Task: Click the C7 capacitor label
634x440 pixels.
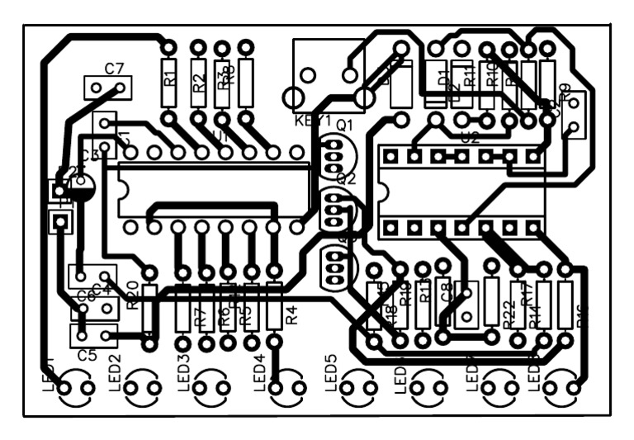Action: click(x=115, y=68)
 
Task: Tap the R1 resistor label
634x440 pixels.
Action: click(x=169, y=80)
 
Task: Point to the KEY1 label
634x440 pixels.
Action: click(x=312, y=121)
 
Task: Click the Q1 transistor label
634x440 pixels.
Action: click(x=344, y=125)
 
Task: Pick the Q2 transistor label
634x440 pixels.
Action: click(x=346, y=178)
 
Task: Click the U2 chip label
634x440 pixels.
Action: click(x=470, y=138)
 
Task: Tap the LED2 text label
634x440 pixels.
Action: click(x=116, y=372)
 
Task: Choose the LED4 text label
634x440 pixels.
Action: click(x=260, y=372)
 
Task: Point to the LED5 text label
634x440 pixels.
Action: click(x=331, y=372)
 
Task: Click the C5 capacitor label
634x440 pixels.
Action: click(x=88, y=356)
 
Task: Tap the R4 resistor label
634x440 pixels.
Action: click(x=290, y=315)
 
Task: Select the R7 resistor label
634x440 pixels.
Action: click(x=199, y=316)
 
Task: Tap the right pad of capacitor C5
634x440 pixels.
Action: click(x=107, y=334)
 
